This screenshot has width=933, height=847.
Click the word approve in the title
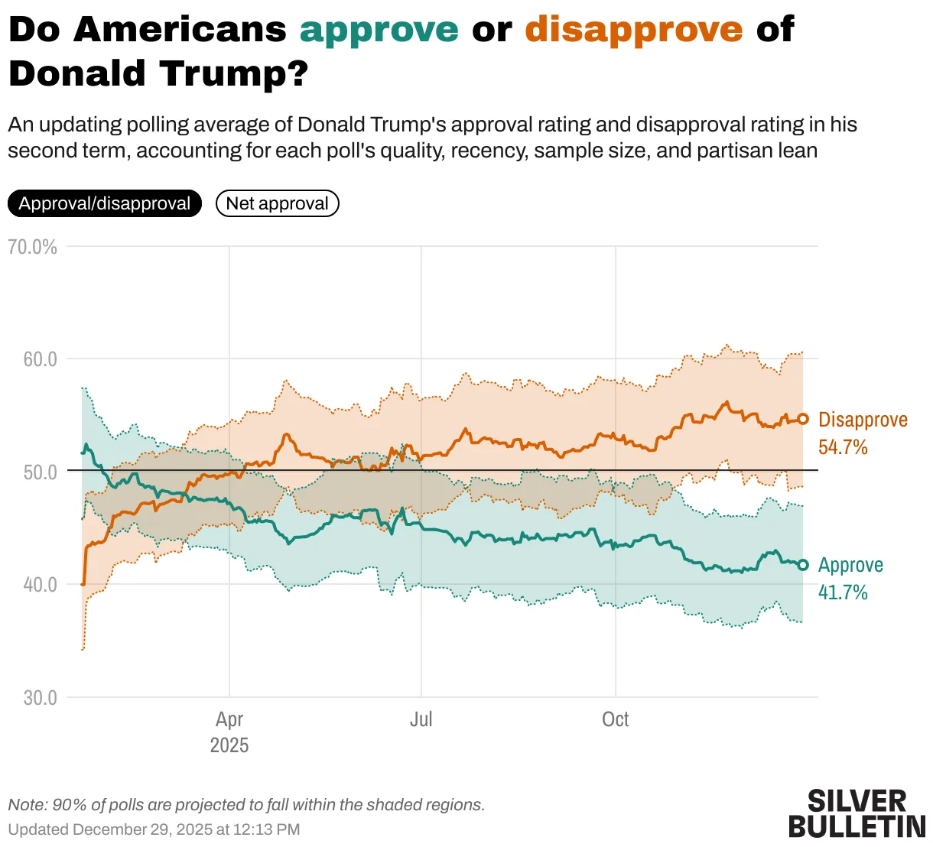379,31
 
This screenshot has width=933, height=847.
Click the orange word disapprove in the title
633,31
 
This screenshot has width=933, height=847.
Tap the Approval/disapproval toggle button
105,203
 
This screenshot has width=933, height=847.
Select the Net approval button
277,203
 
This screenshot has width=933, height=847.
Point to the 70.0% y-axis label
32,247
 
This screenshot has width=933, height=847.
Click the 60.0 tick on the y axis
40,359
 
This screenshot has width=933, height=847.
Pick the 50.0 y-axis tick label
40,472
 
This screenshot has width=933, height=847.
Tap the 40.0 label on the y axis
40,585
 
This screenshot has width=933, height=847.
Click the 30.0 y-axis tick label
40,698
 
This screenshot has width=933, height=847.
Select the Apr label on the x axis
229,719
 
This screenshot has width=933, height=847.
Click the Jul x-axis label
421,719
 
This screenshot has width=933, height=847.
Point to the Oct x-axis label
615,719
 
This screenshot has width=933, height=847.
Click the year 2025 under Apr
229,745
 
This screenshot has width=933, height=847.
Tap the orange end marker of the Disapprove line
803,419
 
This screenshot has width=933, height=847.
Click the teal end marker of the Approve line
803,565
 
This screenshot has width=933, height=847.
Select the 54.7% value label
843,447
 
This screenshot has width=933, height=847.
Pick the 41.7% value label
843,592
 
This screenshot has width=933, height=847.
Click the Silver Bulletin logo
857,814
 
